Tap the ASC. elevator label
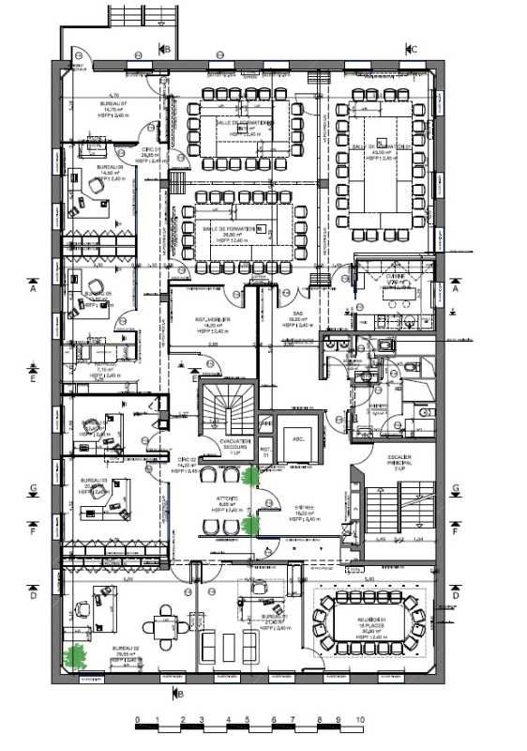(299, 438)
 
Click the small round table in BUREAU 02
(166, 629)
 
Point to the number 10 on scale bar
(360, 721)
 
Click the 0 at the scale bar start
(137, 721)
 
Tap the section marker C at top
(413, 49)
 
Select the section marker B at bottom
(180, 695)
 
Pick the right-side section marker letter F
(455, 531)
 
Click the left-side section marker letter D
(33, 595)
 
